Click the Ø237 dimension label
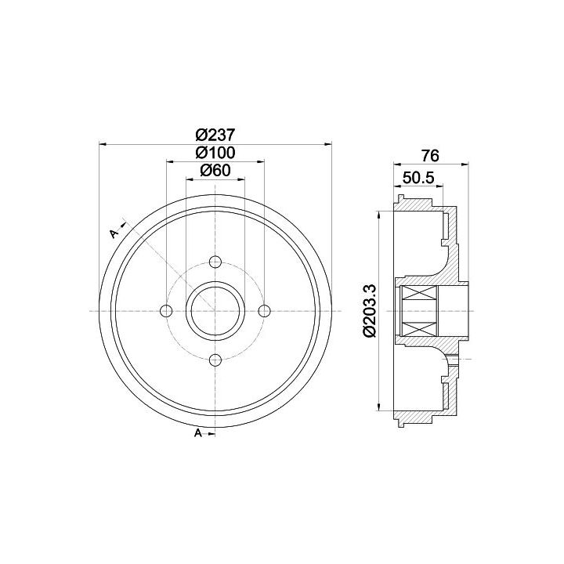(x=215, y=136)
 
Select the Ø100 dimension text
(x=215, y=153)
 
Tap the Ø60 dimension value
(x=215, y=171)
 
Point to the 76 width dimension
(x=430, y=156)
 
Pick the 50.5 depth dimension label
(x=418, y=178)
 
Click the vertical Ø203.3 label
(x=370, y=310)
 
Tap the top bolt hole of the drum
(x=215, y=262)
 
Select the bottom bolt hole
(x=215, y=360)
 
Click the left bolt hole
(x=166, y=311)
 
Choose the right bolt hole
(x=265, y=311)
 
